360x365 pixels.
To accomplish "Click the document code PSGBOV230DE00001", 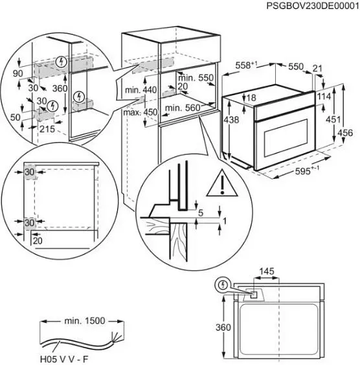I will pyautogui.click(x=312, y=6).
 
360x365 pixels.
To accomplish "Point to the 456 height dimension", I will pyautogui.click(x=347, y=132).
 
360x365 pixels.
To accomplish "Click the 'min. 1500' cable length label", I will pyautogui.click(x=85, y=320).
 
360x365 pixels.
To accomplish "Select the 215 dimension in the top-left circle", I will pyautogui.click(x=46, y=129).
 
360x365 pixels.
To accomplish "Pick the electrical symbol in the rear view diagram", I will pyautogui.click(x=223, y=285).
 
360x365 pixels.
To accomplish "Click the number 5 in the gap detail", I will pyautogui.click(x=201, y=212).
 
